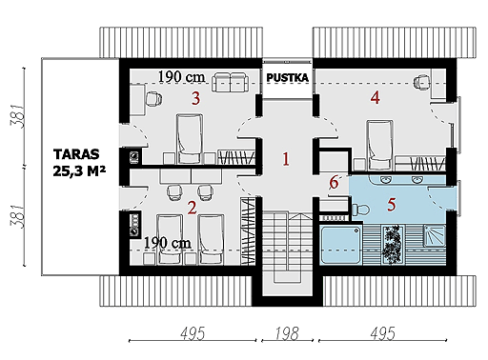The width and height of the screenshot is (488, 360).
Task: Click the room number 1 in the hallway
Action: tap(286, 159)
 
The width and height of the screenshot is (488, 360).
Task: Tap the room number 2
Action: tap(192, 208)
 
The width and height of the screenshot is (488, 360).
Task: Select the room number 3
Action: tap(196, 98)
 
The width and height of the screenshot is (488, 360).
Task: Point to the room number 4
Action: tap(376, 97)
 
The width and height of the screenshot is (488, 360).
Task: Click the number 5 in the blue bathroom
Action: tap(392, 205)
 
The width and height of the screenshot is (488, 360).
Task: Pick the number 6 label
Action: tap(334, 183)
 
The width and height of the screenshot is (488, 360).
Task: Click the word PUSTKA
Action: tap(287, 78)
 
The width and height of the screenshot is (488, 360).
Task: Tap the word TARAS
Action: tap(76, 154)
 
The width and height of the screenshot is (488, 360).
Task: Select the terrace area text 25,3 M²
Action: tap(79, 171)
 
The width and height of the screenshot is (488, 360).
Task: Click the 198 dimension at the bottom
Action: tap(287, 333)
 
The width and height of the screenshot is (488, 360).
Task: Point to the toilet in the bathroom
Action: tap(360, 210)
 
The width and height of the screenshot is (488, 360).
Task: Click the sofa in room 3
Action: tap(230, 82)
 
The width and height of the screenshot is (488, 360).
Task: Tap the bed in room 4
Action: tap(379, 145)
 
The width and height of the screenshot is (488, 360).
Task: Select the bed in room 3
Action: tap(190, 139)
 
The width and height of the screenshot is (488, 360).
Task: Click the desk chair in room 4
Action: tap(422, 82)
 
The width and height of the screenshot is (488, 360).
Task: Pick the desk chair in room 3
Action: tap(153, 98)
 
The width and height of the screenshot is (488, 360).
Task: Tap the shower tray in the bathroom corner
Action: tap(435, 236)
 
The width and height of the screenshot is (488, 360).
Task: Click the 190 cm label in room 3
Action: tap(181, 77)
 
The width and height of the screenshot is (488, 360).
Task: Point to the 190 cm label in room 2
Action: tap(168, 243)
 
